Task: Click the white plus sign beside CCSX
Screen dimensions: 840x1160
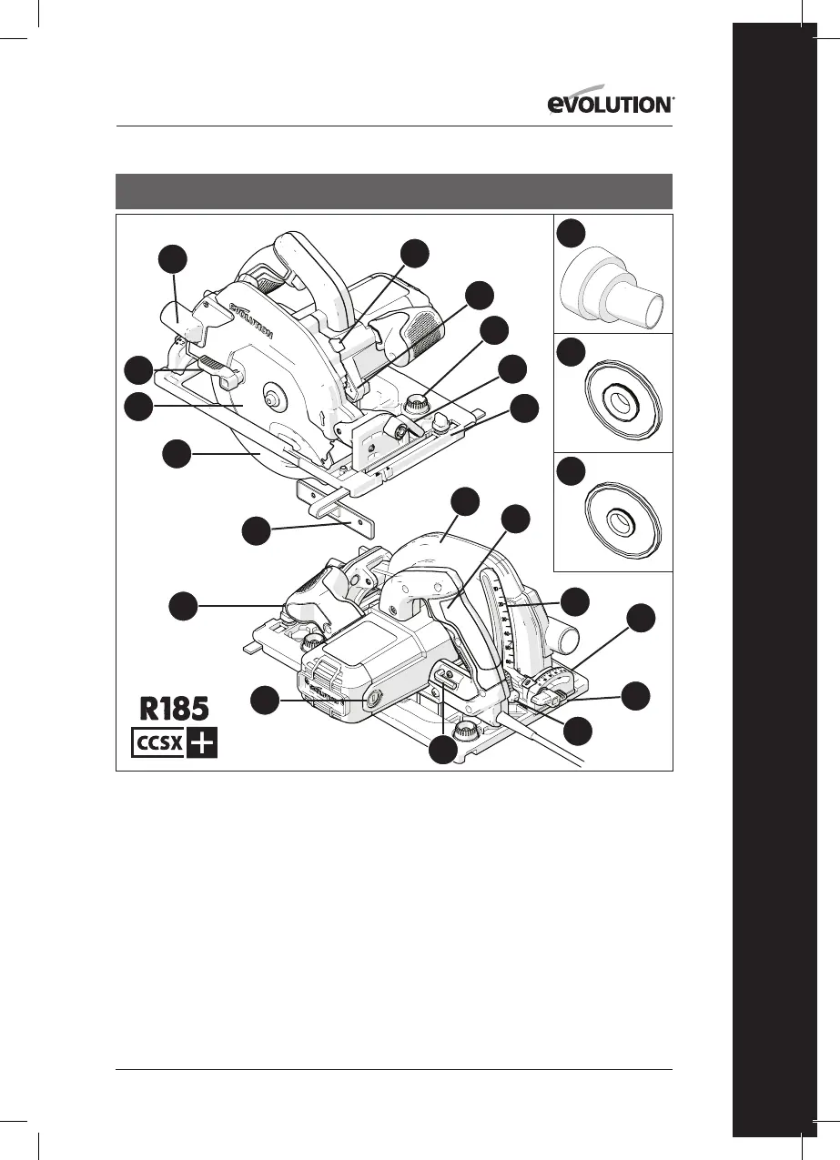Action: point(203,743)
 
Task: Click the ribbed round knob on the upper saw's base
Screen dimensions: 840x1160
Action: point(418,400)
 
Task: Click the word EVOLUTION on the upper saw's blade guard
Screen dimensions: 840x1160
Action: point(250,320)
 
